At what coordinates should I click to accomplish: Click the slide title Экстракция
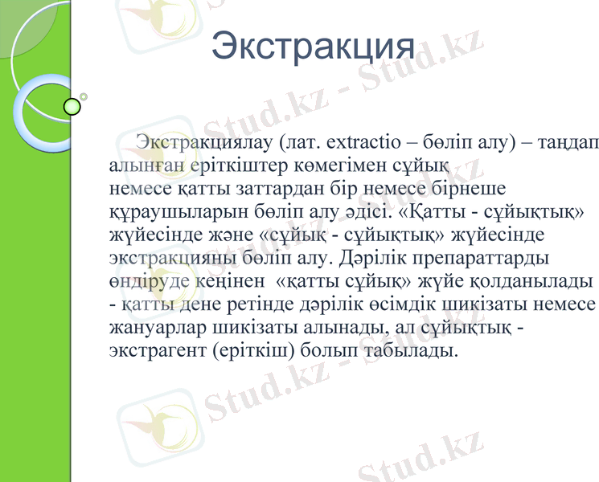313,47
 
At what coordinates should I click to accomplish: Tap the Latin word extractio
360,143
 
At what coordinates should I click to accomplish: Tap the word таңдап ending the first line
570,143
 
